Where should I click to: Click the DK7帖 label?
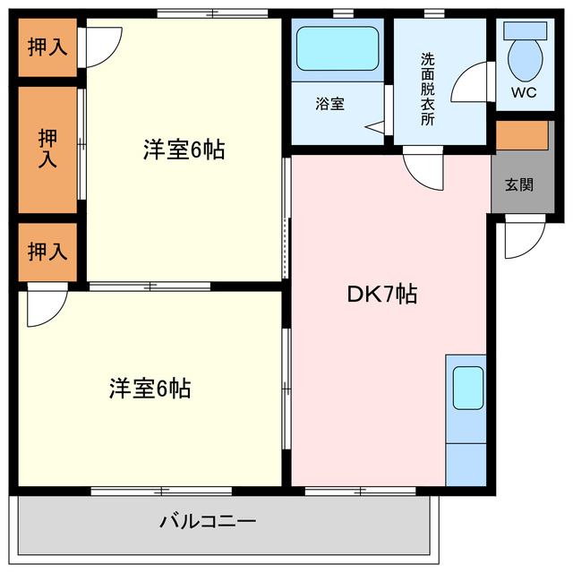(381, 295)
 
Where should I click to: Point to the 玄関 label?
(518, 185)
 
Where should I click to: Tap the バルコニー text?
(209, 520)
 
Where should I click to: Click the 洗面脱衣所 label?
(428, 89)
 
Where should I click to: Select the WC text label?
(523, 92)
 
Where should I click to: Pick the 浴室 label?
(329, 104)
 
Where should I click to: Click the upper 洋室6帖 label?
(184, 150)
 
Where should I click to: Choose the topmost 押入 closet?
(47, 47)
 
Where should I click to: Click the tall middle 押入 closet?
(47, 149)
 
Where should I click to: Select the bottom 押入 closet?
(47, 252)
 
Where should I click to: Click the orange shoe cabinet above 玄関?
(521, 134)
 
